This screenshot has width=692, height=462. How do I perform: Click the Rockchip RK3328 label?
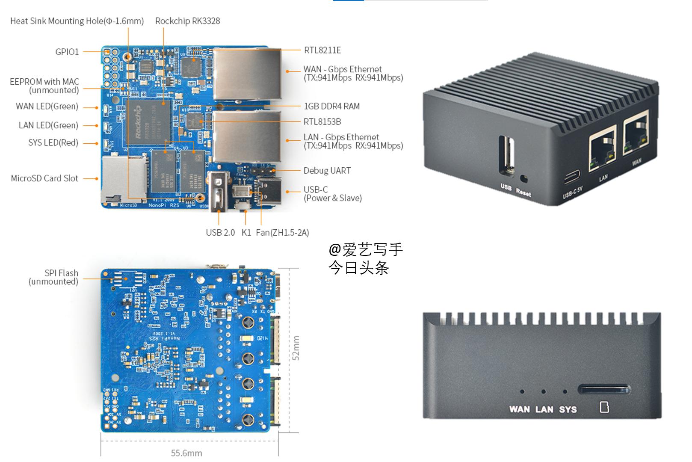pos(187,21)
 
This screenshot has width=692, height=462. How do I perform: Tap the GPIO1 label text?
pos(67,52)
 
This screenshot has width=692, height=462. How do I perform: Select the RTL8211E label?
pos(322,50)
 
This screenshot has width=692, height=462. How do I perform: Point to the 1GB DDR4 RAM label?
pos(331,106)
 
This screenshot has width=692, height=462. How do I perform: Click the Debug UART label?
pos(327,171)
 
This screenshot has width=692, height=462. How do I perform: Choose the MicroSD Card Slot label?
pos(44,178)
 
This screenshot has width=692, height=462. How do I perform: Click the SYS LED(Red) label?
pos(53,142)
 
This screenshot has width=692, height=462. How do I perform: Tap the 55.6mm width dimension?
pos(186,453)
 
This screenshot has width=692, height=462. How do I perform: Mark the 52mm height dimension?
pos(296,348)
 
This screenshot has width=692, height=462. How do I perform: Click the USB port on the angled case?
pos(507,156)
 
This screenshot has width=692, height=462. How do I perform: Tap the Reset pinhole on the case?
pos(523,178)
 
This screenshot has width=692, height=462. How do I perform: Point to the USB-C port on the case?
pos(572,176)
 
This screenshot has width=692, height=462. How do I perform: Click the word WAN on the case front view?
pos(519,409)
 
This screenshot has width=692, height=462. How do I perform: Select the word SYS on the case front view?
pos(568,409)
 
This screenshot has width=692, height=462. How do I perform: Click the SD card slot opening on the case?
pos(603,390)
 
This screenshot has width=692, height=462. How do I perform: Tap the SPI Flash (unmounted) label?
pos(53,277)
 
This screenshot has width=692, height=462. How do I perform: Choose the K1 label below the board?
pos(246,232)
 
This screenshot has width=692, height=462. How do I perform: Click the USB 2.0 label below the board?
pos(220,232)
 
